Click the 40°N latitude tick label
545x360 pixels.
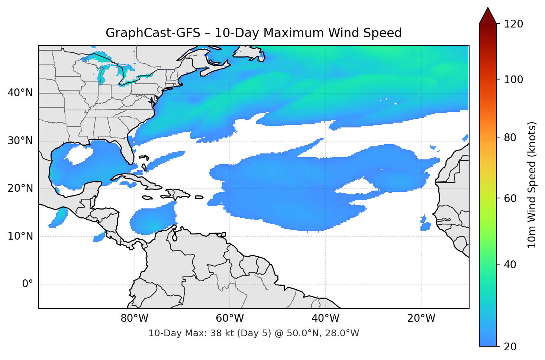pos(20,93)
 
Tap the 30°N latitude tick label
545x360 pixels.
pos(20,141)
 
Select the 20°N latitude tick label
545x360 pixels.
pos(20,188)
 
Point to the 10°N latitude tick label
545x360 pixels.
pos(20,236)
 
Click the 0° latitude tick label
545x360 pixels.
pos(28,284)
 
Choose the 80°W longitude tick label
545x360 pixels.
pos(134,318)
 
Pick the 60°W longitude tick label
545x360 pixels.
pos(230,318)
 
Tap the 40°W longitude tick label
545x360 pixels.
pos(326,318)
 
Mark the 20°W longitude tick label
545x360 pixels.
pos(421,318)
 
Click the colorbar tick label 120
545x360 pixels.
pos(513,24)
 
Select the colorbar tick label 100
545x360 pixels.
pos(513,80)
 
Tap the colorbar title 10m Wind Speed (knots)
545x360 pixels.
pos(532,185)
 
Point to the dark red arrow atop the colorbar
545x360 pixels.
pos(488,16)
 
